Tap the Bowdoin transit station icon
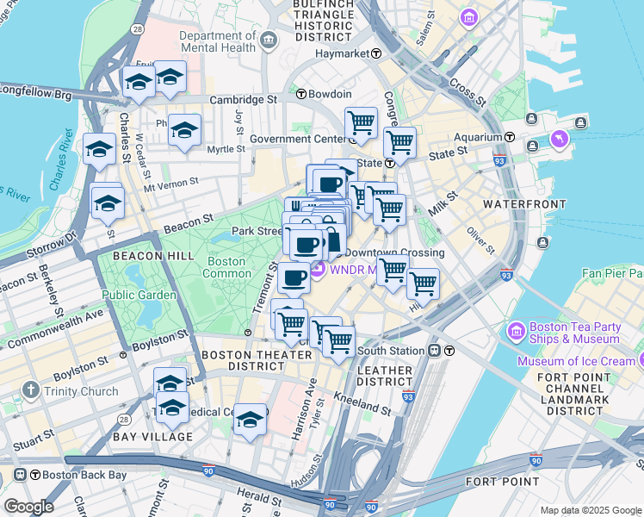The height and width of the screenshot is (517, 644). tap(302, 94)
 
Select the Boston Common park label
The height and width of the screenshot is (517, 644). tap(226, 267)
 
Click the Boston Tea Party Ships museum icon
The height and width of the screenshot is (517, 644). tap(517, 330)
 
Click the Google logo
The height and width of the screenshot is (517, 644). tap(28, 507)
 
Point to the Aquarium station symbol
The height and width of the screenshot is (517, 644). tap(510, 137)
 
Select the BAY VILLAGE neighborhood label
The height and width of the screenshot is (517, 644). tap(152, 437)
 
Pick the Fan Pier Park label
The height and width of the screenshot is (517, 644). tap(613, 273)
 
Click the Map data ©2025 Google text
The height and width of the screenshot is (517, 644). tap(591, 510)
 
